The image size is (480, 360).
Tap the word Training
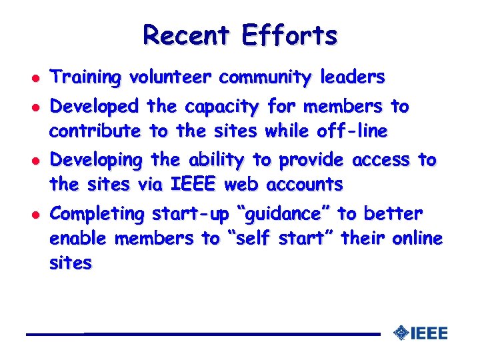click(x=86, y=78)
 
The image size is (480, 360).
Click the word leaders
click(x=352, y=78)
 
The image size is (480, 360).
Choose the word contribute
click(x=95, y=131)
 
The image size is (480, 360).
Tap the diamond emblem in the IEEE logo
click(x=401, y=332)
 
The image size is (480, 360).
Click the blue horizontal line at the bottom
click(x=200, y=333)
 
